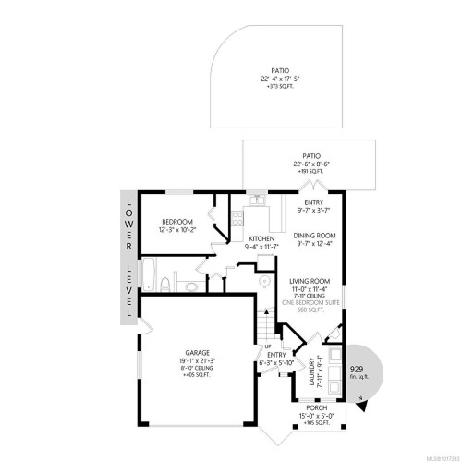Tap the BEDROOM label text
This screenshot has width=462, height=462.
point(176,222)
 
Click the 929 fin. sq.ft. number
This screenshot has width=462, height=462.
point(358,368)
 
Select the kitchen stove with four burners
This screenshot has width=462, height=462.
point(237,219)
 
